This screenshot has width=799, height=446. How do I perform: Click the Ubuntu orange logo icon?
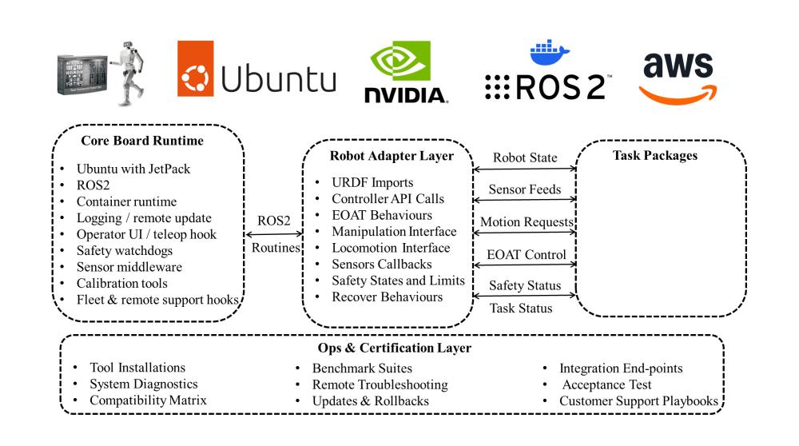coord(197,78)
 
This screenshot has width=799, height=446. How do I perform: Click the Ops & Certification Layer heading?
coord(392,349)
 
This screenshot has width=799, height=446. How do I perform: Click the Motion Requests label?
coord(524,221)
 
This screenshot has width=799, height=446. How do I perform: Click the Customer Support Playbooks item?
coord(638,400)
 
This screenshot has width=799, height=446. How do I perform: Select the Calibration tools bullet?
coord(121,283)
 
